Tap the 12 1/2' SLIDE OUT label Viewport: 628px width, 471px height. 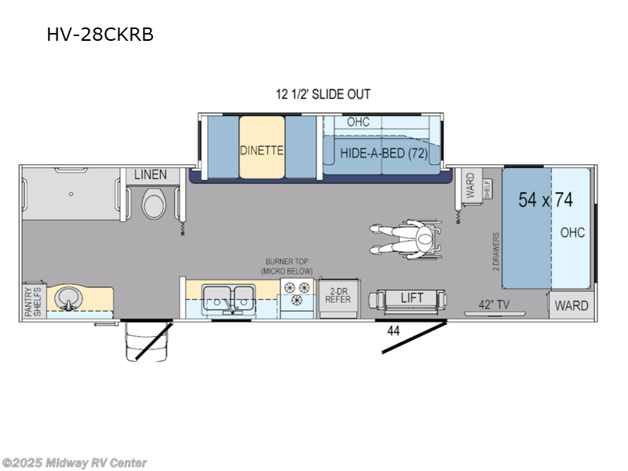pyautogui.click(x=323, y=94)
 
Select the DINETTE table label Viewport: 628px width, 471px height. pyautogui.click(x=261, y=149)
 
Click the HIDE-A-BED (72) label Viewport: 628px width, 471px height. pyautogui.click(x=384, y=153)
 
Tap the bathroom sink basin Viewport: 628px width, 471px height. pyautogui.click(x=67, y=298)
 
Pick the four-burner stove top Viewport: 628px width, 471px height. pyautogui.click(x=298, y=294)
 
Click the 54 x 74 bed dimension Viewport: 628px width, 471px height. pyautogui.click(x=545, y=200)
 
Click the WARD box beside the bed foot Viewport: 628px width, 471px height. pyautogui.click(x=571, y=305)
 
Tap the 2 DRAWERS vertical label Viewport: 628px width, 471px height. pyautogui.click(x=496, y=250)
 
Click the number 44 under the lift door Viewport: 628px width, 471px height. pyautogui.click(x=393, y=331)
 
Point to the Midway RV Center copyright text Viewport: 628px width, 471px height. pyautogui.click(x=75, y=463)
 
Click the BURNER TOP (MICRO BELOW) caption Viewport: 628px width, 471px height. pyautogui.click(x=287, y=267)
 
